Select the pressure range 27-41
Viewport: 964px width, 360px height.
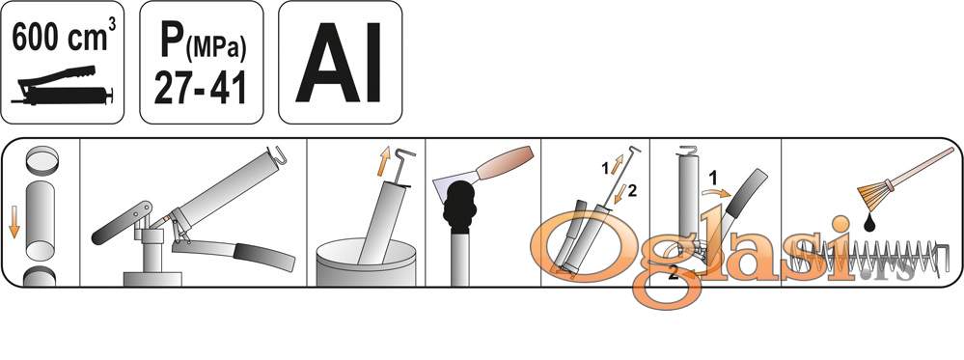pyautogui.click(x=201, y=87)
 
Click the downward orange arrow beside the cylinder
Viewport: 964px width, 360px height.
pyautogui.click(x=14, y=222)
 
